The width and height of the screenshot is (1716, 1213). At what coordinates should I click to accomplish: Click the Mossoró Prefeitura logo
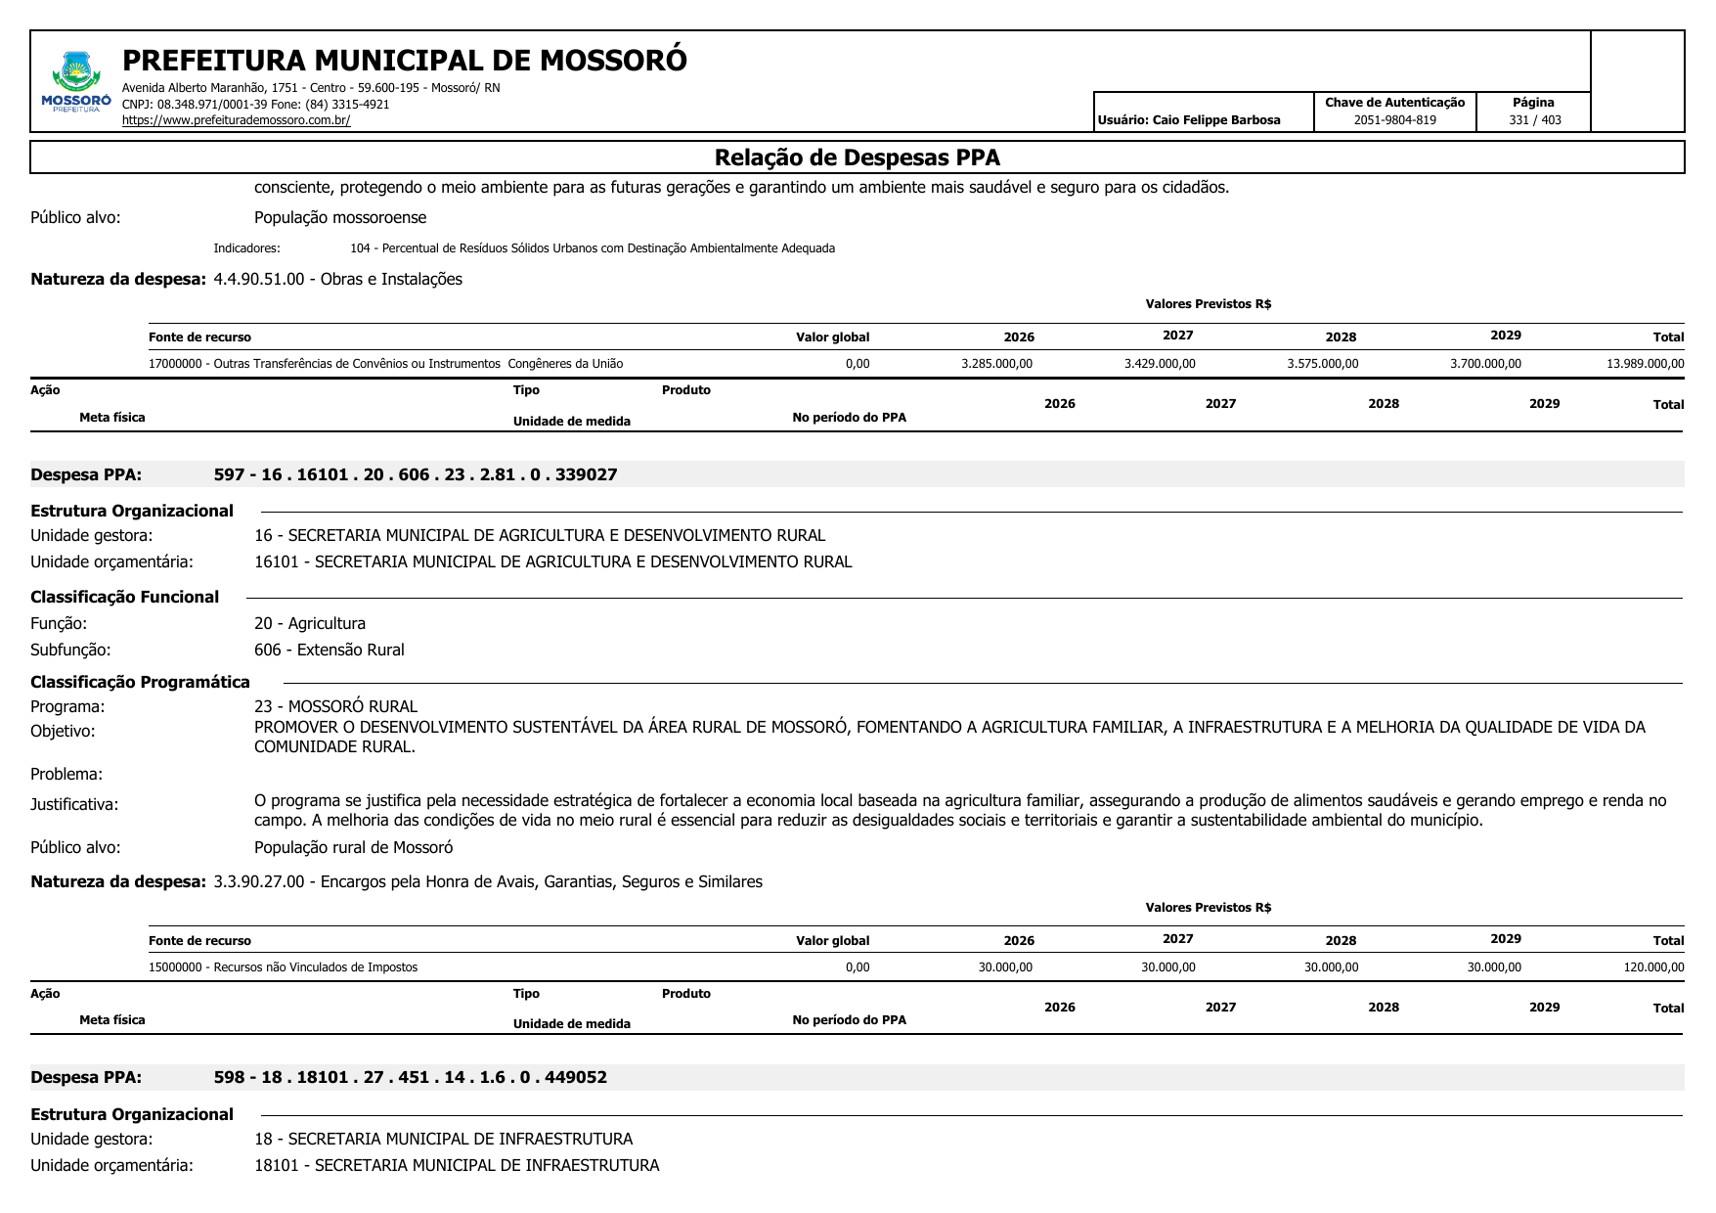click(x=75, y=82)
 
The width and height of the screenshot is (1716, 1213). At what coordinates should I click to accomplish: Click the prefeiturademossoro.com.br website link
click(x=236, y=120)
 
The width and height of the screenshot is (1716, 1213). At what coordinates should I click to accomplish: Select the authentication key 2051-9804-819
click(x=1394, y=120)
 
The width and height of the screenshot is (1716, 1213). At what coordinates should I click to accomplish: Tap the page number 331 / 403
click(x=1534, y=120)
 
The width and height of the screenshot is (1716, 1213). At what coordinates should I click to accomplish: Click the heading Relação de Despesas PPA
click(x=857, y=157)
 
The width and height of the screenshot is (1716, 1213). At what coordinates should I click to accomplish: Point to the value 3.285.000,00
click(x=996, y=364)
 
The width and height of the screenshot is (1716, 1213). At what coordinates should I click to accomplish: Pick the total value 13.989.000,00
click(x=1645, y=364)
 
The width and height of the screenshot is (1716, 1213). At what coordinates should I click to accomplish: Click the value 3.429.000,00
click(x=1160, y=364)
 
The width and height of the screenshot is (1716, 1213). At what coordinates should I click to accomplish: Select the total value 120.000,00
click(x=1653, y=967)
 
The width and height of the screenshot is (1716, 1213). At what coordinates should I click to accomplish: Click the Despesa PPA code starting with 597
click(x=416, y=474)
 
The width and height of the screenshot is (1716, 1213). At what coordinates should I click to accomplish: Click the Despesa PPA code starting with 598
click(x=410, y=1077)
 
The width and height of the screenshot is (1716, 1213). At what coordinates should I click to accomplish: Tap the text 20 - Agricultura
click(x=310, y=623)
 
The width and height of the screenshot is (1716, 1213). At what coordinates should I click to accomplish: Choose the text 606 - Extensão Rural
click(x=329, y=650)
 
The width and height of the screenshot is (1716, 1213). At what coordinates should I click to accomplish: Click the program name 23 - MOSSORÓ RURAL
click(x=335, y=706)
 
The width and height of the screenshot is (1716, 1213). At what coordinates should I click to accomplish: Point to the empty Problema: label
click(x=66, y=774)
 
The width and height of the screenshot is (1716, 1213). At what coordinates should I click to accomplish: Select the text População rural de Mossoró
click(x=353, y=847)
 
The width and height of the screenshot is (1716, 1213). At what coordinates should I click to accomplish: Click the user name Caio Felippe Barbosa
click(x=1189, y=120)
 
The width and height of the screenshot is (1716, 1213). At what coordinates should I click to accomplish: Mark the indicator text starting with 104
click(x=592, y=248)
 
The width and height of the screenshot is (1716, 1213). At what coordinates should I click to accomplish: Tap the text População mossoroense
click(x=340, y=217)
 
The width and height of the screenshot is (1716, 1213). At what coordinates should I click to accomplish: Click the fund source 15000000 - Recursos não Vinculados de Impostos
click(x=283, y=967)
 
